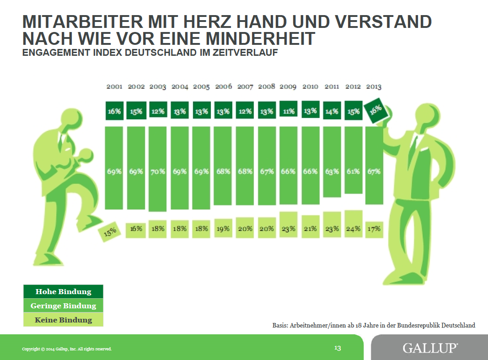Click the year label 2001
pos(114,86)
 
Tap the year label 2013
pos(373,86)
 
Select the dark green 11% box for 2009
pos(288,110)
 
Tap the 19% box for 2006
pos(223,228)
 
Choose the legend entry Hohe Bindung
pos(64,291)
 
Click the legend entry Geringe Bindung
pos(64,306)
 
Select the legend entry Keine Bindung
pos(64,320)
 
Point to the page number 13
pos(338,348)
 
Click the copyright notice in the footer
pos(67,349)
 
